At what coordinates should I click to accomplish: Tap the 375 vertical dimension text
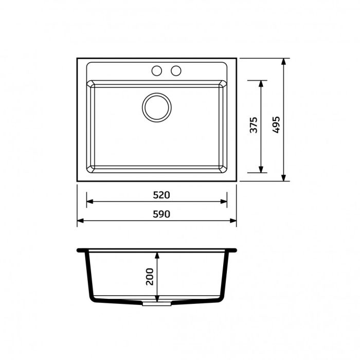(253, 126)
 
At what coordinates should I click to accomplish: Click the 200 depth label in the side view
(150, 277)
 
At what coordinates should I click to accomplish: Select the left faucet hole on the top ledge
(157, 70)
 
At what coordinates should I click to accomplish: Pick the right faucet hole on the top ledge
(176, 70)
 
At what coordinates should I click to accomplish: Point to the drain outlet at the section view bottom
(156, 303)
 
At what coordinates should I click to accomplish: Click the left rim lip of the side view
(80, 251)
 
